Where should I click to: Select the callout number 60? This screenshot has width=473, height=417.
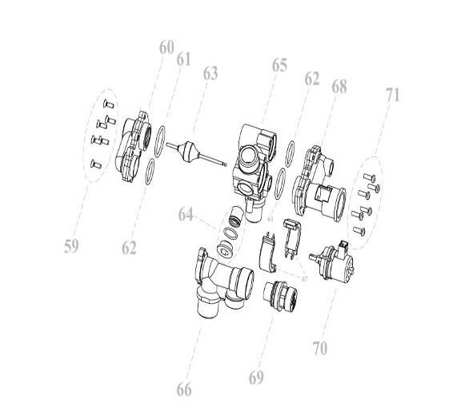[166, 47]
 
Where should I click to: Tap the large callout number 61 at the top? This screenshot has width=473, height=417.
[185, 59]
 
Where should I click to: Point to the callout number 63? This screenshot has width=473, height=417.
[210, 74]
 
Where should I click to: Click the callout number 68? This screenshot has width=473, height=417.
[339, 85]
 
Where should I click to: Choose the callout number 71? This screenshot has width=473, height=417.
[392, 95]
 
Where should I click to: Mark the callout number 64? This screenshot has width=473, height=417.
[186, 214]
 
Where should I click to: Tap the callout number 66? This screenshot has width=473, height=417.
[184, 390]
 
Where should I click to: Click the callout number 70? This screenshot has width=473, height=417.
[320, 349]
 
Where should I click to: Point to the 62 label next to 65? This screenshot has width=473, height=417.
[312, 79]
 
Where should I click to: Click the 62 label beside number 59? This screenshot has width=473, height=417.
[130, 248]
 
